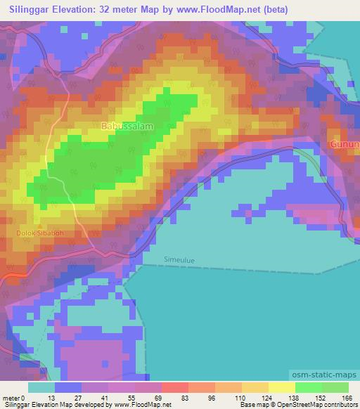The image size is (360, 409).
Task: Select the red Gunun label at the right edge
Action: pos(345,145)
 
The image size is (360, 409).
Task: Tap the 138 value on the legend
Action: pos(295,398)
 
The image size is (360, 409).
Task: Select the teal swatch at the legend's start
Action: pos(41,387)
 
